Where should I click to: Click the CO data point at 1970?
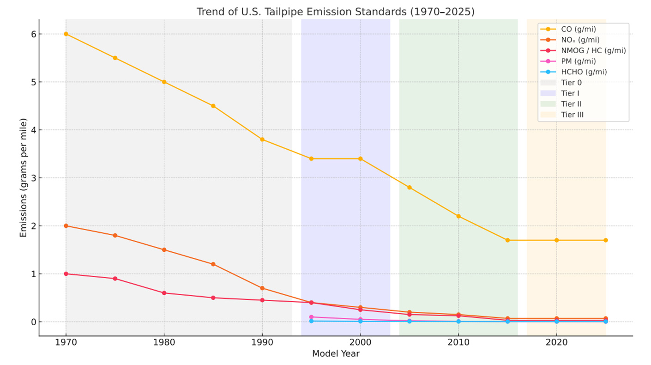66,34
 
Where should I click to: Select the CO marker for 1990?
262,140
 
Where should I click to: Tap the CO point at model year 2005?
409,188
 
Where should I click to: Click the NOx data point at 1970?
66,226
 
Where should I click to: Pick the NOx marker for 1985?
213,264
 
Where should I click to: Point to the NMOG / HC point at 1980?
164,293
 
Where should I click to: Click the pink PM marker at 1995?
311,317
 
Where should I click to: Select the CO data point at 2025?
605,240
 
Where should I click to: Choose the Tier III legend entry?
572,115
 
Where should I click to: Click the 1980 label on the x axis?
164,343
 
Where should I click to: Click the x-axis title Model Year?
336,354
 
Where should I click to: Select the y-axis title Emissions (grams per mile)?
24,178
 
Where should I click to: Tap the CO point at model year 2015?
507,240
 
